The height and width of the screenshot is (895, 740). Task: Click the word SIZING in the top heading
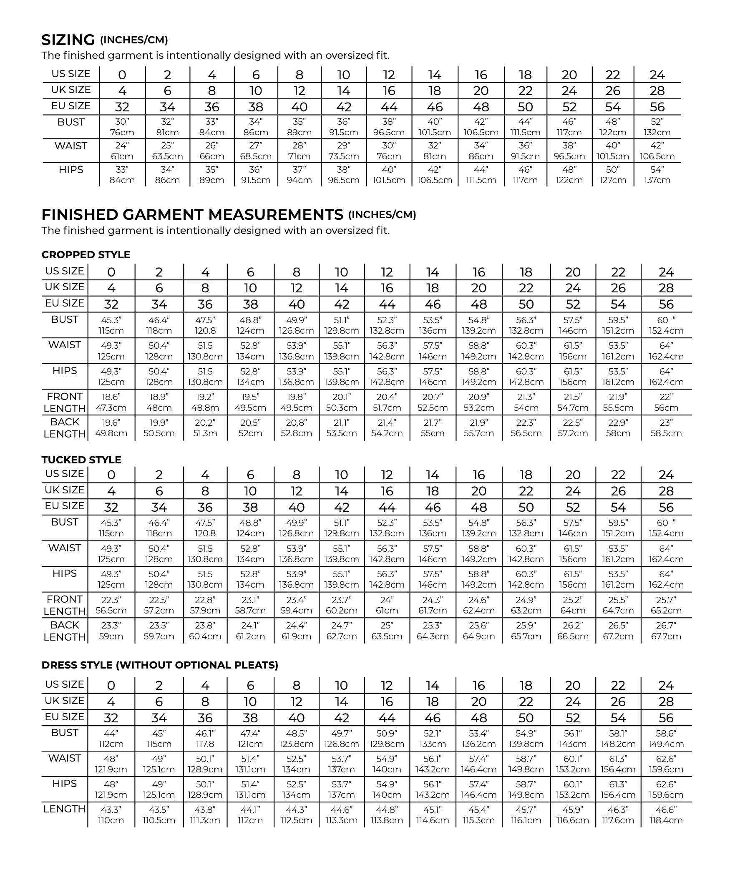click(68, 40)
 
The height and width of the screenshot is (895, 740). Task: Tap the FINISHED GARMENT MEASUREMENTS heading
click(192, 215)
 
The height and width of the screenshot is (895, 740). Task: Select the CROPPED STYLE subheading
click(86, 255)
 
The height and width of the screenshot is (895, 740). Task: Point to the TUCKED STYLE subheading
click(81, 460)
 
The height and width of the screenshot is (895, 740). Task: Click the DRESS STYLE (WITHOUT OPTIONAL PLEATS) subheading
click(160, 665)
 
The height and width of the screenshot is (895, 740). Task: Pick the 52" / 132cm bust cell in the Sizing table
click(657, 127)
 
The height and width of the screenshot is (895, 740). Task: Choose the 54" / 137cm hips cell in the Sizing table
click(657, 175)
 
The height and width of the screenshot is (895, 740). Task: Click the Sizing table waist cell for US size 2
click(168, 151)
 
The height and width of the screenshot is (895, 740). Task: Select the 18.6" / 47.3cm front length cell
click(111, 402)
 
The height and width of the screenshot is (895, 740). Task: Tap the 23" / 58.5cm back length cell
click(666, 428)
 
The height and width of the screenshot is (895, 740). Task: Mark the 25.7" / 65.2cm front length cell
click(666, 605)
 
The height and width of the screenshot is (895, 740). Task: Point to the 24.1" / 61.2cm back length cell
click(250, 631)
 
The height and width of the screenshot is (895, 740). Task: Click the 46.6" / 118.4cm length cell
click(666, 815)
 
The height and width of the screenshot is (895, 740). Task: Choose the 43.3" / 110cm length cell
click(111, 815)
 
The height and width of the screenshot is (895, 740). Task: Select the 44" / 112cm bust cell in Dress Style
click(111, 739)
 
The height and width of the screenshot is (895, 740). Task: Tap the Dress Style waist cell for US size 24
click(666, 764)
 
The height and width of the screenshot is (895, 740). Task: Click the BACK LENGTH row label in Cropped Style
click(65, 428)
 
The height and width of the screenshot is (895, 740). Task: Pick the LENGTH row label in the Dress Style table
click(65, 810)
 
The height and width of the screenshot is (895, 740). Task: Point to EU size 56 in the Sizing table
click(657, 107)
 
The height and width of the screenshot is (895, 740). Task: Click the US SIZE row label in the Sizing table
click(71, 74)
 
